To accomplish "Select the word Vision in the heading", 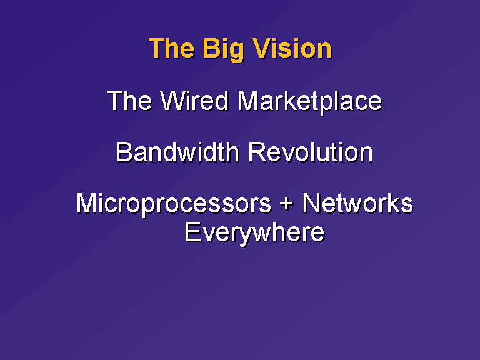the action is (x=292, y=48).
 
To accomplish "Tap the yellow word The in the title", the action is (x=171, y=48).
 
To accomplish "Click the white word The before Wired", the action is (x=129, y=101).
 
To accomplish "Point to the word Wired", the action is (x=194, y=101).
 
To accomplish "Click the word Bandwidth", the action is (x=177, y=152).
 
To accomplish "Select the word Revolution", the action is (x=311, y=152).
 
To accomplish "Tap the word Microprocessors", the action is (x=174, y=204).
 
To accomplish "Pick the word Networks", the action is (x=357, y=203).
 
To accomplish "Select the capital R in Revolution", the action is (x=256, y=152).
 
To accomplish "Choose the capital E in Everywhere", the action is (x=192, y=232).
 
